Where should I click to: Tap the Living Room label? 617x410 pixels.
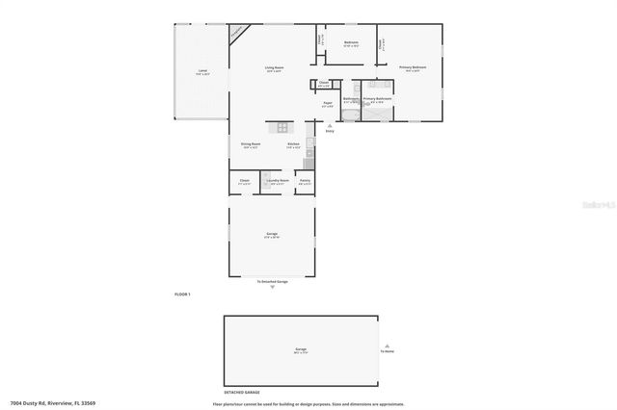(x=274, y=67)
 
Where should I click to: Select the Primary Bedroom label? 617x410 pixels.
(x=413, y=67)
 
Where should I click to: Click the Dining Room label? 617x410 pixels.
(x=251, y=144)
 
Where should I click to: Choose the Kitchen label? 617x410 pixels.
(x=293, y=144)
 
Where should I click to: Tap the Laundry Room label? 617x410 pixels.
(x=278, y=180)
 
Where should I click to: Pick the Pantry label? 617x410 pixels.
(x=305, y=180)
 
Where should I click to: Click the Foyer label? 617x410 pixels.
(x=328, y=103)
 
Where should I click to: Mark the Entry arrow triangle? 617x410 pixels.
(x=330, y=125)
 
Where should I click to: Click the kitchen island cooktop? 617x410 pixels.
(x=283, y=127)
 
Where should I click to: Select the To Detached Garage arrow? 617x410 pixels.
(x=272, y=287)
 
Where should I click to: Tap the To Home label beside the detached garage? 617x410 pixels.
(x=388, y=350)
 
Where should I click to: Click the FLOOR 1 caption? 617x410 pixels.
(x=182, y=293)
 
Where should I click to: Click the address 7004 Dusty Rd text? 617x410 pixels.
(x=53, y=403)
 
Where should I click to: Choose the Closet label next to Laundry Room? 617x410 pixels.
(x=245, y=180)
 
